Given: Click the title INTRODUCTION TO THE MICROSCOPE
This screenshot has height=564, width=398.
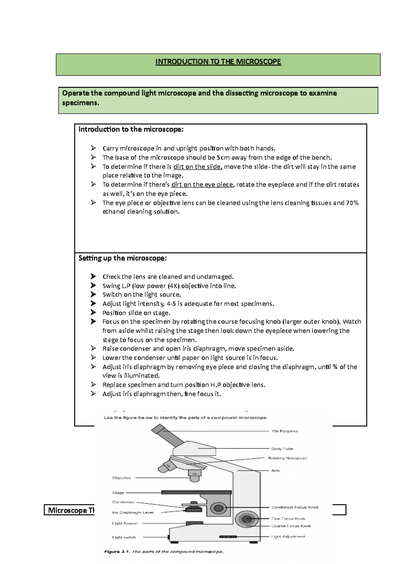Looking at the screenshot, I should coord(218,62).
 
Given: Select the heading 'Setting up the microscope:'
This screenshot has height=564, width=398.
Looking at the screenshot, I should coord(122,258).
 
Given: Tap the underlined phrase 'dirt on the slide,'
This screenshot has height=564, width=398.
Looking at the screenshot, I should coord(198,167).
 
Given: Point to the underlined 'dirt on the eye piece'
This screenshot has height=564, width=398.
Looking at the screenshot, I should coord(202,185).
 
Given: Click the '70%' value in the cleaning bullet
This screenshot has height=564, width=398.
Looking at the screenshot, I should coord(352,203).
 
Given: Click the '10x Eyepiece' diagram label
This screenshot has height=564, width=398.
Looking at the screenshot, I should coord(285,431).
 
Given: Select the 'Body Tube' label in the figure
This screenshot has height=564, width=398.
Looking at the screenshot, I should coord(282,449).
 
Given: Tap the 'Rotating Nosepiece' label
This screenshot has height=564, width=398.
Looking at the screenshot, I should coord(288,458).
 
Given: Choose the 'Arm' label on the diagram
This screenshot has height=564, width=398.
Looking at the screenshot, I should coord(275,471).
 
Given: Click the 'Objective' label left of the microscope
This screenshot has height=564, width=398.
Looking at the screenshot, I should coord(122,478).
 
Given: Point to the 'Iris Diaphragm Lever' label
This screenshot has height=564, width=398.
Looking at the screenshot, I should coord(133,513).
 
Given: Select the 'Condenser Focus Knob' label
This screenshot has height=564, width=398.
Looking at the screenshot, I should coord(295,507).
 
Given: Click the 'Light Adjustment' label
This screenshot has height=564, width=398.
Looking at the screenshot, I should coord(288,536).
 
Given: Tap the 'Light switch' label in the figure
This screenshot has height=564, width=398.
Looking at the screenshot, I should coord(124,537).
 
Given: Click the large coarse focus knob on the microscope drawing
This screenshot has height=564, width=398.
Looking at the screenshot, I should coord(246,519).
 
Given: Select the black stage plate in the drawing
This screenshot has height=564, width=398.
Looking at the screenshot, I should coord(196,492).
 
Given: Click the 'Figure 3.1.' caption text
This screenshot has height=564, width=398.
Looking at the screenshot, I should coord(116,552).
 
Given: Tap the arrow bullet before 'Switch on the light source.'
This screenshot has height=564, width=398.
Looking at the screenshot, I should coord(93,295).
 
